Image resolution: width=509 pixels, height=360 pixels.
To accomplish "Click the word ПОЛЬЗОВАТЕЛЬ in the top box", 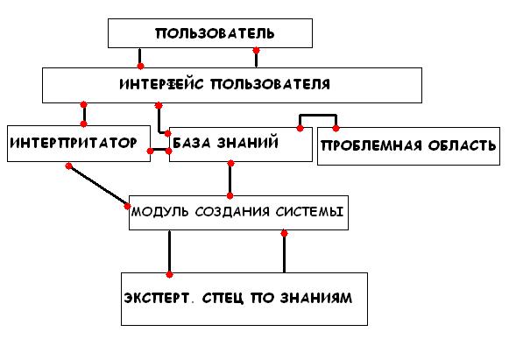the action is click(x=215, y=33).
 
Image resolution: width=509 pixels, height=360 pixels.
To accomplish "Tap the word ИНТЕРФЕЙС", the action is click(x=161, y=84).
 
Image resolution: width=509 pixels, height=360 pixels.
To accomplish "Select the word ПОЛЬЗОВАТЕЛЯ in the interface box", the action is click(x=271, y=84).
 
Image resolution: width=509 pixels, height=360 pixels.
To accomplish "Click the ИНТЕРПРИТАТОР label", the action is click(x=74, y=143).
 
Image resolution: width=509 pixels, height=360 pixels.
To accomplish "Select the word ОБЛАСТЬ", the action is click(x=462, y=145).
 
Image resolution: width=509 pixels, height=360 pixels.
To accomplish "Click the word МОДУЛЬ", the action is click(x=159, y=212).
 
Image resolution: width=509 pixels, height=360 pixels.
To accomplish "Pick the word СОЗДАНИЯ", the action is click(x=232, y=212).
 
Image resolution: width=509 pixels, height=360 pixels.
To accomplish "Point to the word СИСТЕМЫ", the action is click(x=309, y=212).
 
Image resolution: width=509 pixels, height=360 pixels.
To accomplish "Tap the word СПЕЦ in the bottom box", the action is click(x=223, y=298).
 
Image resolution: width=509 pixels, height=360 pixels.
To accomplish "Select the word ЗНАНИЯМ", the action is click(x=316, y=298).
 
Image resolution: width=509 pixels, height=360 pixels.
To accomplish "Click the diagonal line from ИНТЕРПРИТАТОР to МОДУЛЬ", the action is click(x=98, y=187).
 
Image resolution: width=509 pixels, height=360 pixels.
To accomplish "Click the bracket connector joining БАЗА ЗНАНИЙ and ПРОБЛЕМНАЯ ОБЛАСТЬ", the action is click(x=318, y=116).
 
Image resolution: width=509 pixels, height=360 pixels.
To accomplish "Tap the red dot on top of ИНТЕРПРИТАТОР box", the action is click(x=84, y=124).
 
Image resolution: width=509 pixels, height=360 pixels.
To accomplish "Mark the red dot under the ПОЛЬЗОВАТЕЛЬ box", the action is click(x=256, y=51).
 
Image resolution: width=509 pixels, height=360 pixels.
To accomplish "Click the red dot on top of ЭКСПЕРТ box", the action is click(x=169, y=275).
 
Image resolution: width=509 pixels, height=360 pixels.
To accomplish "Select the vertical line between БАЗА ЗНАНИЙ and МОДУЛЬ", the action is click(x=230, y=180).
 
